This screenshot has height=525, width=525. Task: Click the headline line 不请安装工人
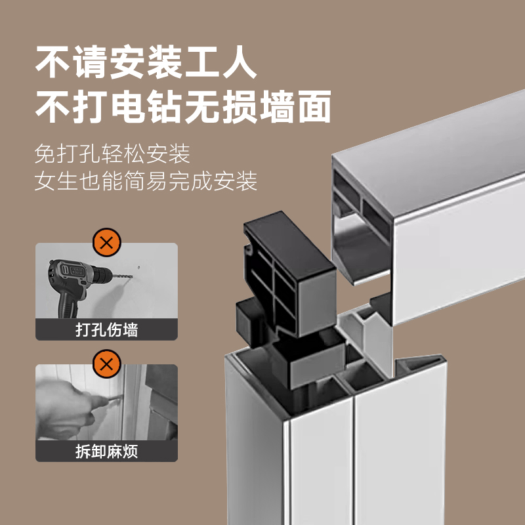[x=146, y=62]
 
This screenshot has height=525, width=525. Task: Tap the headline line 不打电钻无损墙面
[x=183, y=107]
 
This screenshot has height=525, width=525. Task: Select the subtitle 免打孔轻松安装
[x=112, y=154]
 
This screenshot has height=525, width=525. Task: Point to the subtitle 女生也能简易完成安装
[x=146, y=181]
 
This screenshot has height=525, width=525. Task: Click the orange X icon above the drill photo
[x=107, y=242]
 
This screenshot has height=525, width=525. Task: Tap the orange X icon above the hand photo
[x=107, y=364]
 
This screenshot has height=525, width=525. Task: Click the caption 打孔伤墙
[x=107, y=330]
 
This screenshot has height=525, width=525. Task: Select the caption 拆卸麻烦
[x=107, y=451]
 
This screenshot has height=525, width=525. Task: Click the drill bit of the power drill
[x=123, y=276]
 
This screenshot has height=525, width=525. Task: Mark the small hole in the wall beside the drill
[x=139, y=268]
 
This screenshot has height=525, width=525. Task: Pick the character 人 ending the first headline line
[x=239, y=62]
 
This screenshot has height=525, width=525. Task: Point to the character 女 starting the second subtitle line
[x=45, y=181]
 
